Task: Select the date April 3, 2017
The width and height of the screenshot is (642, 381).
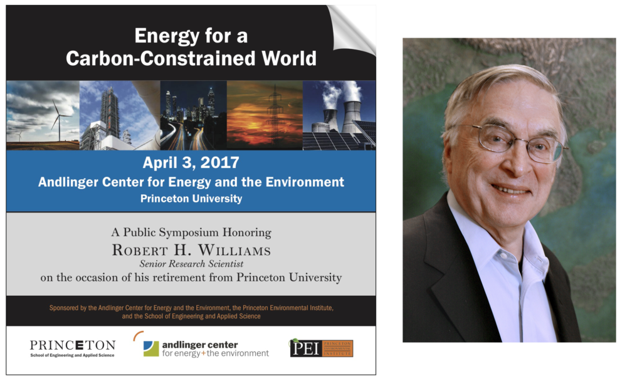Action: [x=191, y=163]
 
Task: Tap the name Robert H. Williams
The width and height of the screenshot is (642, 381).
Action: [x=191, y=249]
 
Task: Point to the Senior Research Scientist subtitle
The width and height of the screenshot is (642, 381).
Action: [x=191, y=264]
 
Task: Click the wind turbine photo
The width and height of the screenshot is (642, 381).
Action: [x=43, y=115]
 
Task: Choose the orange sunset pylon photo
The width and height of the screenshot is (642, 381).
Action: [x=265, y=115]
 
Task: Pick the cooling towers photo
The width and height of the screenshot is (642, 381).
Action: [x=339, y=115]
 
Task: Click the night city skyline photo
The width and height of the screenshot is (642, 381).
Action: [x=193, y=115]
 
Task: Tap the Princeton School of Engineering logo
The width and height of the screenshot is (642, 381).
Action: [x=73, y=348]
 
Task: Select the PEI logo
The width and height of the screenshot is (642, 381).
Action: [x=322, y=348]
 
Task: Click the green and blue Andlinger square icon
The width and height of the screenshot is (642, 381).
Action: [x=150, y=348]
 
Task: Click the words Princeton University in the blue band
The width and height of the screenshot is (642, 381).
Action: [x=191, y=199]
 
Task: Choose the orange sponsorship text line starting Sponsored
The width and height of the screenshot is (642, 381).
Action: [x=191, y=308]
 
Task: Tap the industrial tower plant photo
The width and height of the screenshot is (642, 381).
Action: [x=120, y=115]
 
